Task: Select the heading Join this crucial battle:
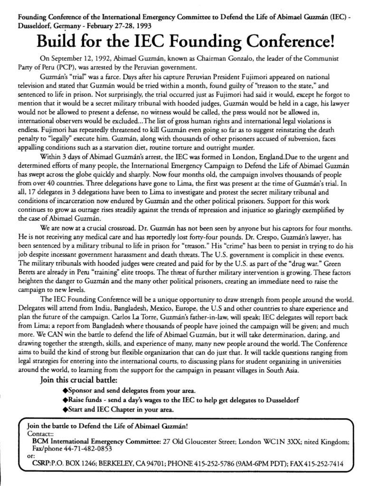[76, 380]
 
